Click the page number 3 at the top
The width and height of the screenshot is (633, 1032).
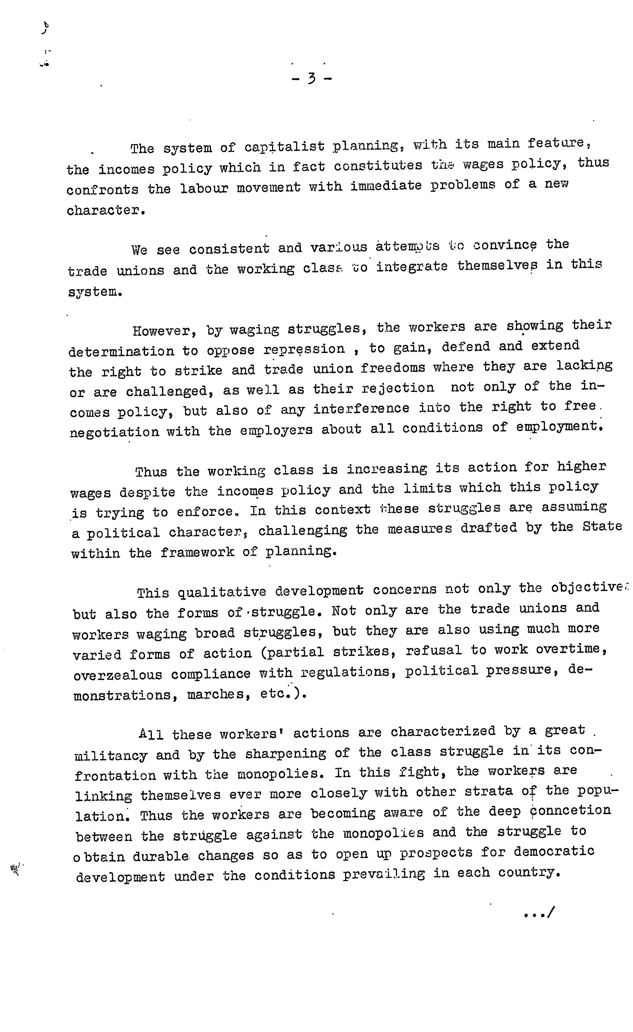[311, 78]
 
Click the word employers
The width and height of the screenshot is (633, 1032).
[276, 430]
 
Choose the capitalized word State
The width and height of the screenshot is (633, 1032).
[602, 526]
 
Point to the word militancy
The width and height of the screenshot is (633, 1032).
[111, 755]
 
